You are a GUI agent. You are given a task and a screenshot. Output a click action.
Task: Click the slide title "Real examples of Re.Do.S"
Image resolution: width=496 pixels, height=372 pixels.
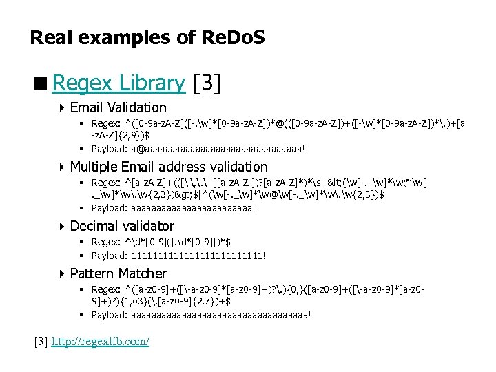[147, 37]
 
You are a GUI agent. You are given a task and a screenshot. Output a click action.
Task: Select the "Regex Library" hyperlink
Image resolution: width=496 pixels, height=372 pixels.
[118, 83]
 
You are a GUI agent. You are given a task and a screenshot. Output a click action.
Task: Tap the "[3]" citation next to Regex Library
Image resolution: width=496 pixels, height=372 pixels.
[207, 83]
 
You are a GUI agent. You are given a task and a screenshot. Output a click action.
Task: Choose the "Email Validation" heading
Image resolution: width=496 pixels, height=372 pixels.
[118, 107]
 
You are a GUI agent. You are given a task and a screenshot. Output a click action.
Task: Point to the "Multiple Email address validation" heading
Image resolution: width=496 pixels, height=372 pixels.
[169, 167]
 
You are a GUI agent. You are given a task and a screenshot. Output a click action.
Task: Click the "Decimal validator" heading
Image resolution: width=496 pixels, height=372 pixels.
[122, 226]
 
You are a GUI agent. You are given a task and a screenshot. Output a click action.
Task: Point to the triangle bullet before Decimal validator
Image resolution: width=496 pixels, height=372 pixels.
[63, 227]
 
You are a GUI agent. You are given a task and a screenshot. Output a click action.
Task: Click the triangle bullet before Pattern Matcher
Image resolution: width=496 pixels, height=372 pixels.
[63, 274]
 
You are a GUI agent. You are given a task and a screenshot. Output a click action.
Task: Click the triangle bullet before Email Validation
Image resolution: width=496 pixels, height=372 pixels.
[63, 108]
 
